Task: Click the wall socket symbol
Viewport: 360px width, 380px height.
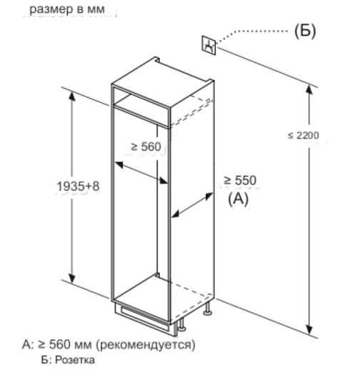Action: click(209, 45)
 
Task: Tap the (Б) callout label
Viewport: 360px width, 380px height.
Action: click(305, 31)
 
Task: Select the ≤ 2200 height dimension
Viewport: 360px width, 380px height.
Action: click(303, 135)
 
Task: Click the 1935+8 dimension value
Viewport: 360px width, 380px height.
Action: click(78, 186)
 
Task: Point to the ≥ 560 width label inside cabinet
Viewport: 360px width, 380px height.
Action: click(146, 146)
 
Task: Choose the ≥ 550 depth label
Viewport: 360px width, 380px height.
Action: click(240, 180)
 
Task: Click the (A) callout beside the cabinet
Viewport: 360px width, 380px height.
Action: click(239, 199)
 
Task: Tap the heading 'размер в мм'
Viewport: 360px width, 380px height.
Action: click(67, 9)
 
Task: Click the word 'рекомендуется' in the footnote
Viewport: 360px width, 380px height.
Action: click(146, 344)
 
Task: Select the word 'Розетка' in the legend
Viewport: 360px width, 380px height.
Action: click(75, 360)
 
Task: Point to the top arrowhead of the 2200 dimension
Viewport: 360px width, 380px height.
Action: click(309, 89)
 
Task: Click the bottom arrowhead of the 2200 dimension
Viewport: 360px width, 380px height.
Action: click(309, 329)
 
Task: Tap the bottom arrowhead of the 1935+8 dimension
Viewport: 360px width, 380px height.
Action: click(71, 278)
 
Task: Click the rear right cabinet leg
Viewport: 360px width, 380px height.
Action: click(208, 309)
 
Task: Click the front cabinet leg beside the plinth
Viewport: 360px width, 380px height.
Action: click(181, 325)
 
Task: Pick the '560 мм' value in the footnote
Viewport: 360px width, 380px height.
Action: click(70, 344)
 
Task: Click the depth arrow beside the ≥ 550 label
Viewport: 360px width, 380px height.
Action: click(192, 205)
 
